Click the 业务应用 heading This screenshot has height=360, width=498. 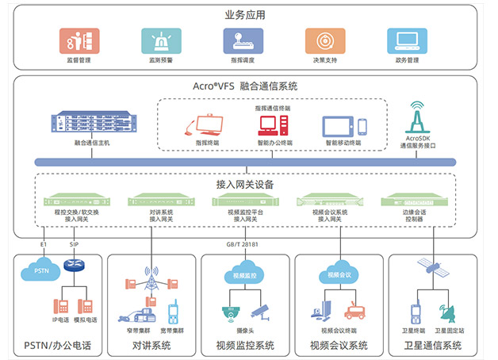point(248,14)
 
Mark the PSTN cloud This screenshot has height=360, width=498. point(38,271)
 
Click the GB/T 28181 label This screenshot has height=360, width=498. point(243,244)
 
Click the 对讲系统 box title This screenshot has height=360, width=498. point(151,345)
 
